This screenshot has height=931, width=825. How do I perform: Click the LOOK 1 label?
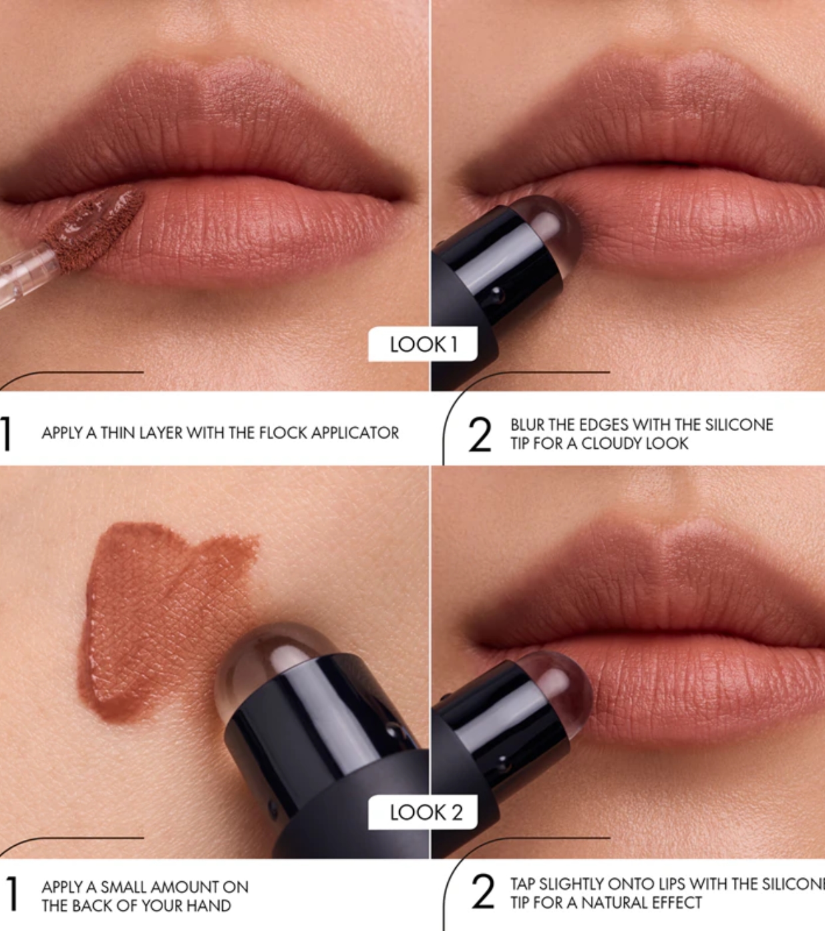point(423,344)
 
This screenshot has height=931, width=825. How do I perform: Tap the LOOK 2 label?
point(423,813)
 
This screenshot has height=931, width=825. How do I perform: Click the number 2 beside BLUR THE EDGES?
point(480,435)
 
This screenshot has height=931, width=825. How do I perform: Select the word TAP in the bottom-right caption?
point(523,884)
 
